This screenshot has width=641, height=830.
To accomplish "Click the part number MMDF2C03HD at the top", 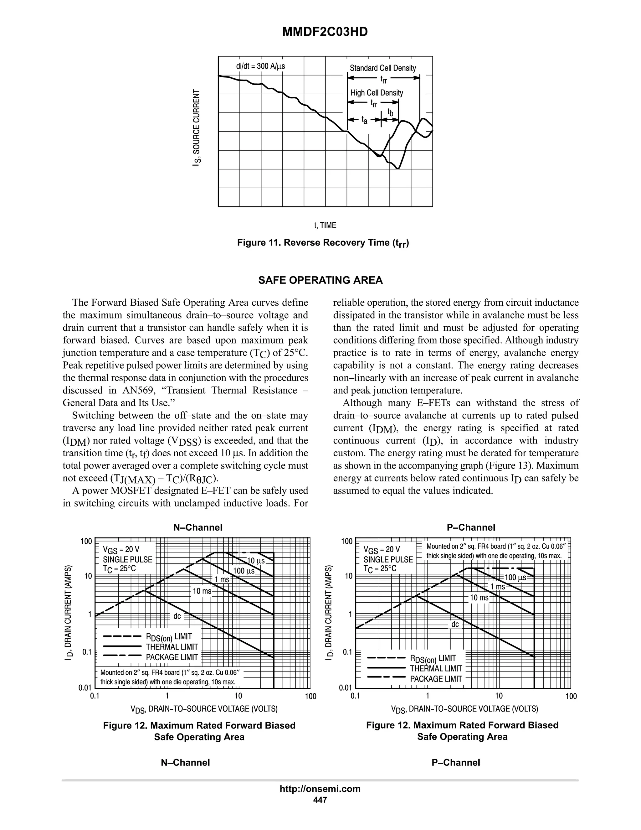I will tap(325, 32).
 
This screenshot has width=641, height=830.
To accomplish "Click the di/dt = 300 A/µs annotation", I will tap(260, 66).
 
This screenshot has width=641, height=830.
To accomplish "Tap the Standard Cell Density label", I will tap(382, 68).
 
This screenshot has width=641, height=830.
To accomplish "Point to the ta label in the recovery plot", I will tap(364, 121).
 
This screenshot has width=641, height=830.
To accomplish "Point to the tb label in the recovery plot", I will tap(390, 112).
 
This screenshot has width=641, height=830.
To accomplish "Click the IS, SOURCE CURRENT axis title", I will tap(196, 128).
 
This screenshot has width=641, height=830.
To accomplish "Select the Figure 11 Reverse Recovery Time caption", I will tap(323, 243).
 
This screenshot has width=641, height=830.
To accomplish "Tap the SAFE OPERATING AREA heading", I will tap(320, 280).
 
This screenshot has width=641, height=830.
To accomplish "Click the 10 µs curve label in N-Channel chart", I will tap(256, 561).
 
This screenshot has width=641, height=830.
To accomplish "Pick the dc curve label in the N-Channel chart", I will tap(177, 616).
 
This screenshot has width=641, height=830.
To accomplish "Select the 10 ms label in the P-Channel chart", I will tap(479, 598).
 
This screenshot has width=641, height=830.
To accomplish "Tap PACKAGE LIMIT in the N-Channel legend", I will tap(172, 657).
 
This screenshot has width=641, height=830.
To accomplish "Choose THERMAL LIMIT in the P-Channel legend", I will tap(436, 668).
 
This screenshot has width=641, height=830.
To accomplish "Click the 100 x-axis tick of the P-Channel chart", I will tap(570, 696).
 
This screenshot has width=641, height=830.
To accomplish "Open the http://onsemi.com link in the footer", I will tap(320, 789).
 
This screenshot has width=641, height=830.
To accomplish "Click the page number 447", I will tap(320, 800).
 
